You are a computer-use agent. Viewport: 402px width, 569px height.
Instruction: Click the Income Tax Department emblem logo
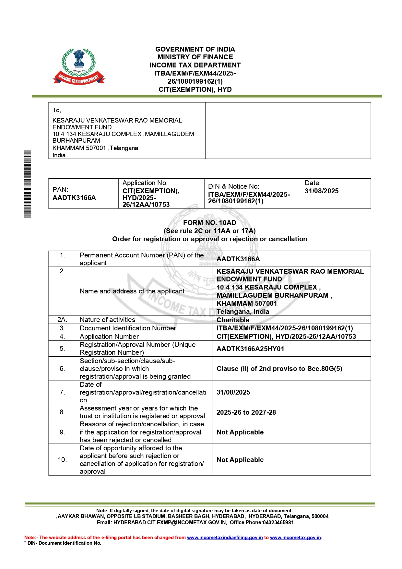coord(79,66)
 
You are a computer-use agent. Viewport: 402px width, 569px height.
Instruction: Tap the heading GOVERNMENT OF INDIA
coord(195,49)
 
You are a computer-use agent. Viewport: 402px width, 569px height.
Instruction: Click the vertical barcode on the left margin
coord(28,184)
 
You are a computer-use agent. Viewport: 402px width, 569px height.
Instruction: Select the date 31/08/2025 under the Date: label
coord(321,191)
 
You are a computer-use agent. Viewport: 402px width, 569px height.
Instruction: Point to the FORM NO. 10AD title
coord(209,223)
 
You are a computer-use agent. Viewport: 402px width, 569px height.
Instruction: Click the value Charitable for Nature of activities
coord(233,320)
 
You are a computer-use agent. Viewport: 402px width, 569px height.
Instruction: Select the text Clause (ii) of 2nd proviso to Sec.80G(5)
coord(279,369)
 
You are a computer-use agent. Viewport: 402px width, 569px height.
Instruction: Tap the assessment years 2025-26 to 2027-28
coord(246,412)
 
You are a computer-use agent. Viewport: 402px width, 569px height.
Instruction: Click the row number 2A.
coord(62,320)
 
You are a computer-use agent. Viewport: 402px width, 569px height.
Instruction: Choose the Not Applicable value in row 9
coord(240,432)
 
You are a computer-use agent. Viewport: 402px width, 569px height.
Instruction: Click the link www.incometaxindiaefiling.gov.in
coord(225,538)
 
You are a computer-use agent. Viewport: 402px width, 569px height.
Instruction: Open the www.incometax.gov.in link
coord(295,538)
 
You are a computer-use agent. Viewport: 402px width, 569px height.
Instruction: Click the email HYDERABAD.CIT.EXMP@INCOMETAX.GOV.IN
coord(170,522)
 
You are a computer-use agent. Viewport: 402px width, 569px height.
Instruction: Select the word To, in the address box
coord(57,110)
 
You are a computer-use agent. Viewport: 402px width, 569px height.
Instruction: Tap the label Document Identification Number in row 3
coord(128,328)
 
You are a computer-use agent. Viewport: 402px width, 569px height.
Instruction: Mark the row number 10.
coord(62,460)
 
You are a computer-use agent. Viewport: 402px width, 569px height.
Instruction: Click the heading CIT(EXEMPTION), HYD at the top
coord(195,89)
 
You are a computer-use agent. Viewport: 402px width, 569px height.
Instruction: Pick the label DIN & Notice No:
coord(233,186)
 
